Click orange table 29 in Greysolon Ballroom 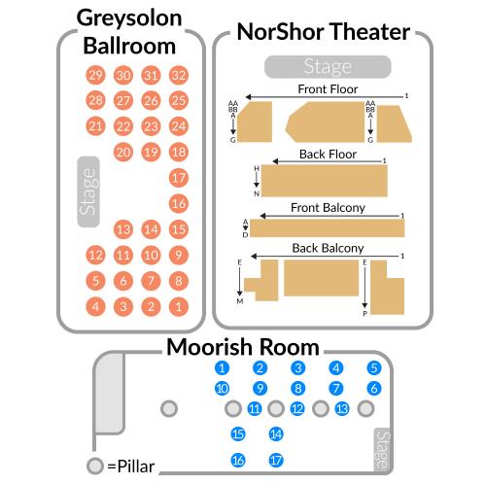point(95,75)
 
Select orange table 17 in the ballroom point(179,178)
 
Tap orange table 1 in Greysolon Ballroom point(179,306)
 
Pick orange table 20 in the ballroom point(123,152)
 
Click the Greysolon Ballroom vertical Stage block point(88,191)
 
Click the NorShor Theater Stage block point(328,67)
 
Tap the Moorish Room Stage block point(382,450)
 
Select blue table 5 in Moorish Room point(374,368)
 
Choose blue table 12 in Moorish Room point(297,409)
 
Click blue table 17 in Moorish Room point(276,460)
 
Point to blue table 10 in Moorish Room point(222,388)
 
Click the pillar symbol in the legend point(95,466)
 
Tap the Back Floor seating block point(325,181)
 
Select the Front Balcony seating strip point(327,228)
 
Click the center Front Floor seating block point(325,121)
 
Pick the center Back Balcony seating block point(322,278)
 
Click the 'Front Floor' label point(328,89)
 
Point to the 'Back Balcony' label point(328,248)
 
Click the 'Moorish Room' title point(243,347)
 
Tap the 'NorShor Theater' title point(324,32)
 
